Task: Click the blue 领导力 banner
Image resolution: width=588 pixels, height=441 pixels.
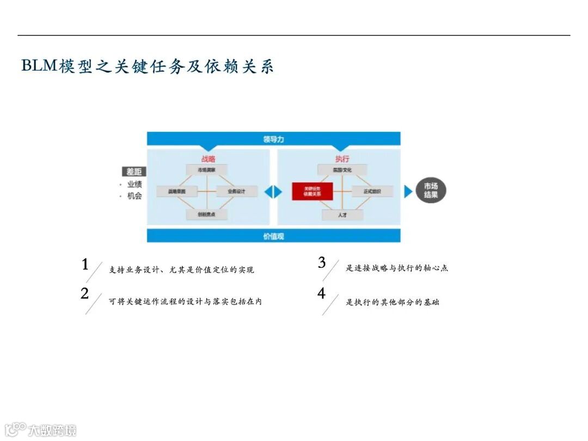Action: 273,139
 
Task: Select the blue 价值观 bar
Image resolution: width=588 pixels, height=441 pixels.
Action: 273,236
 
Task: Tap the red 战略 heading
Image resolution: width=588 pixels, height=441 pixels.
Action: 208,159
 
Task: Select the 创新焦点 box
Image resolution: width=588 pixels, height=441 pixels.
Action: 206,215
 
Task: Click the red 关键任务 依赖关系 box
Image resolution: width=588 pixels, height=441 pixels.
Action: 312,192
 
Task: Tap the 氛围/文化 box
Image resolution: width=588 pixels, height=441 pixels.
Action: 342,170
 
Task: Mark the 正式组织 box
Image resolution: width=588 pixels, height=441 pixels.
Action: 372,192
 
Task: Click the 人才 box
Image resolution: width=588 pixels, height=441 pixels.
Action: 342,215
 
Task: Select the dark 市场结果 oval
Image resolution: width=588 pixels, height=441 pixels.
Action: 431,191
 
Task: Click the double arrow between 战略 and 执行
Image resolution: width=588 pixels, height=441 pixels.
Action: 274,192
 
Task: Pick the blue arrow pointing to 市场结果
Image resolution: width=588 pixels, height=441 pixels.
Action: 408,192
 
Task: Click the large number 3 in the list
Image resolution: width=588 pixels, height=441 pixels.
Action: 322,263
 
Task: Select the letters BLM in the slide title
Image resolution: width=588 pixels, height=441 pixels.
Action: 40,66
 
